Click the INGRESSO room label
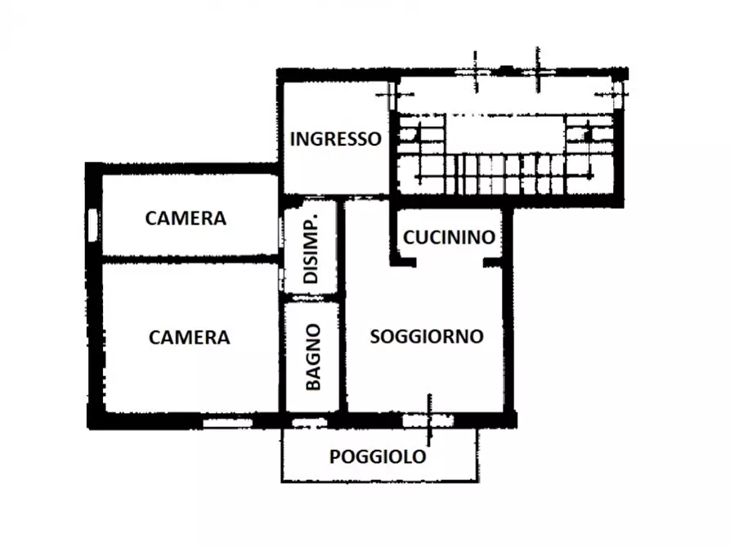[336, 139]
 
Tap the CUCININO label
[450, 237]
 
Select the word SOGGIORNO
[427, 336]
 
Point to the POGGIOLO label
[378, 456]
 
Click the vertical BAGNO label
[312, 356]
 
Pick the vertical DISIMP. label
[311, 253]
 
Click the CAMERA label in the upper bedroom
[186, 218]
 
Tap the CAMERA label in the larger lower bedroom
[190, 337]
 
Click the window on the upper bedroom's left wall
[92, 224]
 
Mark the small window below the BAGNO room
[308, 423]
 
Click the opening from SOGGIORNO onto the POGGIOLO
[428, 420]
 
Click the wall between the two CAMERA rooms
[188, 258]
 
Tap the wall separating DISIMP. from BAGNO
[311, 298]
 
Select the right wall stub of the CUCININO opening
[493, 263]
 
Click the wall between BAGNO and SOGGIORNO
[342, 352]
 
